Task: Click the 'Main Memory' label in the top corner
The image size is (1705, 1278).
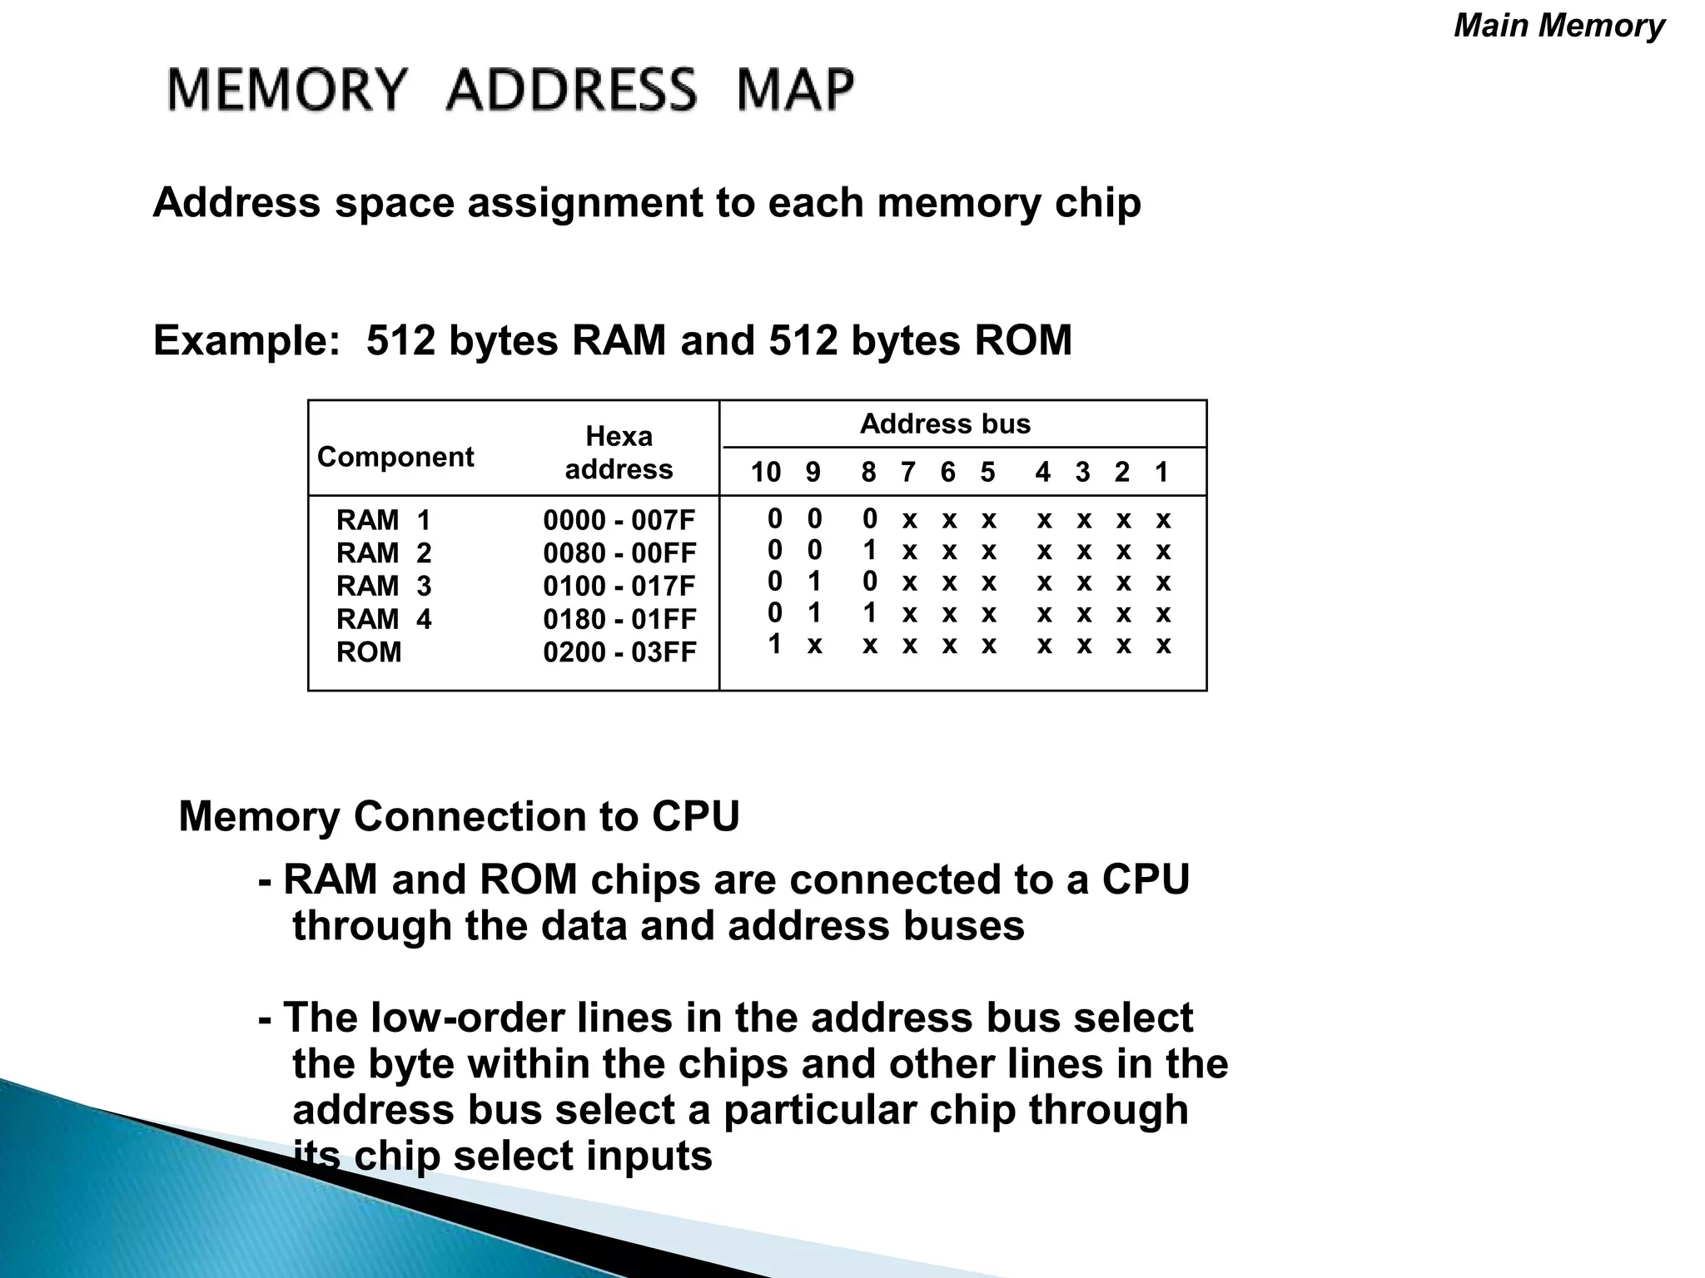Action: tap(1558, 26)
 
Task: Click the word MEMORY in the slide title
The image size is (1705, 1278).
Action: tap(288, 90)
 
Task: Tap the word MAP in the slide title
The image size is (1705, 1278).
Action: tap(795, 90)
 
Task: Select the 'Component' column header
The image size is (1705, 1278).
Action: tap(395, 457)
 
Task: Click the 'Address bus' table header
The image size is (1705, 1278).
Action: tap(945, 424)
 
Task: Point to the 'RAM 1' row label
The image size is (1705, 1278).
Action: tap(384, 521)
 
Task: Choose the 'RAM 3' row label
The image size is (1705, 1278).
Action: tap(384, 587)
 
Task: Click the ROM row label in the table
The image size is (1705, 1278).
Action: tap(369, 652)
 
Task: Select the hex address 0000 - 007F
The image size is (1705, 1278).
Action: tap(619, 521)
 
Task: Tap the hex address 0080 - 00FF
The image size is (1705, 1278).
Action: tap(619, 553)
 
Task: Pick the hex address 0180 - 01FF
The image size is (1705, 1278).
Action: tap(619, 620)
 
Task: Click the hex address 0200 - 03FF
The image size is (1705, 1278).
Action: tap(619, 652)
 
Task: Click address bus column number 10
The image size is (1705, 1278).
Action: tap(766, 473)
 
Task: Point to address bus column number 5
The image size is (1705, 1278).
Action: tap(987, 473)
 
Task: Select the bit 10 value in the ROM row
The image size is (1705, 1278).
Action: tap(775, 644)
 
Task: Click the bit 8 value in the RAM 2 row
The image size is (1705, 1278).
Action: tap(870, 550)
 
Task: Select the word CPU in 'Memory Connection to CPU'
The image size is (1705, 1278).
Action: tap(695, 816)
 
